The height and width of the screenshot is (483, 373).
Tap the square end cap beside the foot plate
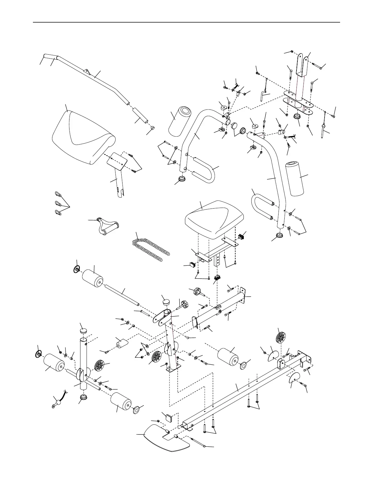168,417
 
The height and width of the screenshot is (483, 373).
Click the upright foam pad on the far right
295,178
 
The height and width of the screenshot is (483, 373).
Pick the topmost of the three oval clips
58,194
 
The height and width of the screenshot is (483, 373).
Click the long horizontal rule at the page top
186,22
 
